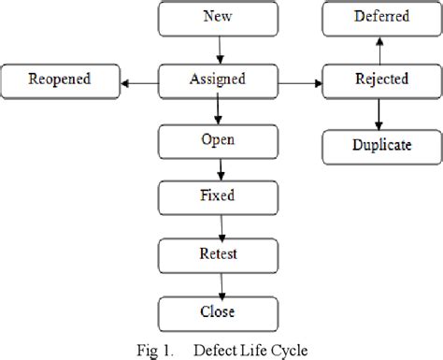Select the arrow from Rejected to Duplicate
(x=379, y=114)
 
